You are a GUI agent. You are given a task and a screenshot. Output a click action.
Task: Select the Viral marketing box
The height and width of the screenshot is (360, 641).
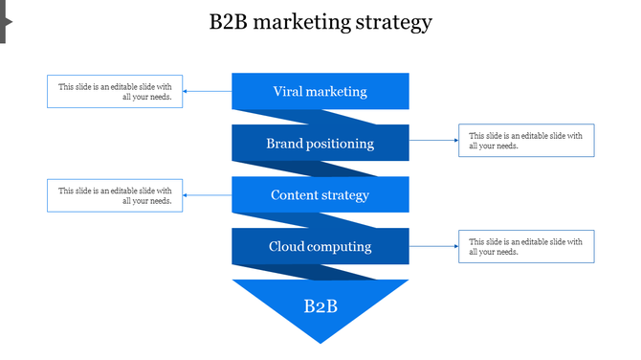pos(320,92)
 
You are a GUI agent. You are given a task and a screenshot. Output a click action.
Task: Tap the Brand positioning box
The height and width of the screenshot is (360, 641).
pos(320,144)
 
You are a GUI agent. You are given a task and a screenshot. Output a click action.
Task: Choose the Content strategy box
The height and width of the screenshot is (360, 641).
pos(320,195)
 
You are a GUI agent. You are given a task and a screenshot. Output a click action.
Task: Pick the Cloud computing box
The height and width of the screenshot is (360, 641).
pos(320,247)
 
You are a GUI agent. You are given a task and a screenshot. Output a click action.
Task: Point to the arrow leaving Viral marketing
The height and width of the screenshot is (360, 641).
pos(208,92)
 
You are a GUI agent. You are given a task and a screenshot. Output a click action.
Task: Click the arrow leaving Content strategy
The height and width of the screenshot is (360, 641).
pos(208,195)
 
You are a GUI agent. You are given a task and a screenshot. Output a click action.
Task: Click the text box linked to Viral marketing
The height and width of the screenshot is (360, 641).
pos(115,92)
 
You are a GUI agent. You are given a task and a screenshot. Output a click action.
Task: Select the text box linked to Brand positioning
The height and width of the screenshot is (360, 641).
pos(526,141)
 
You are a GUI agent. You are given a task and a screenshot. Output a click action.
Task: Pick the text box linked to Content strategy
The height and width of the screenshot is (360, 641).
pos(115,195)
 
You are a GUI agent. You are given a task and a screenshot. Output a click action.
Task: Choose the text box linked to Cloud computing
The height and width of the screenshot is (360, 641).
pos(526,246)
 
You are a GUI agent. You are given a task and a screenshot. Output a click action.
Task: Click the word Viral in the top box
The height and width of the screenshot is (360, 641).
pos(288,92)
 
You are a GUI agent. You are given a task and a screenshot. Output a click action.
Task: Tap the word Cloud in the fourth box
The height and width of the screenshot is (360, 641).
pos(286,247)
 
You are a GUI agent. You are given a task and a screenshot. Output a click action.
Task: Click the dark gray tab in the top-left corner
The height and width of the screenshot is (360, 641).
pos(4,21)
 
